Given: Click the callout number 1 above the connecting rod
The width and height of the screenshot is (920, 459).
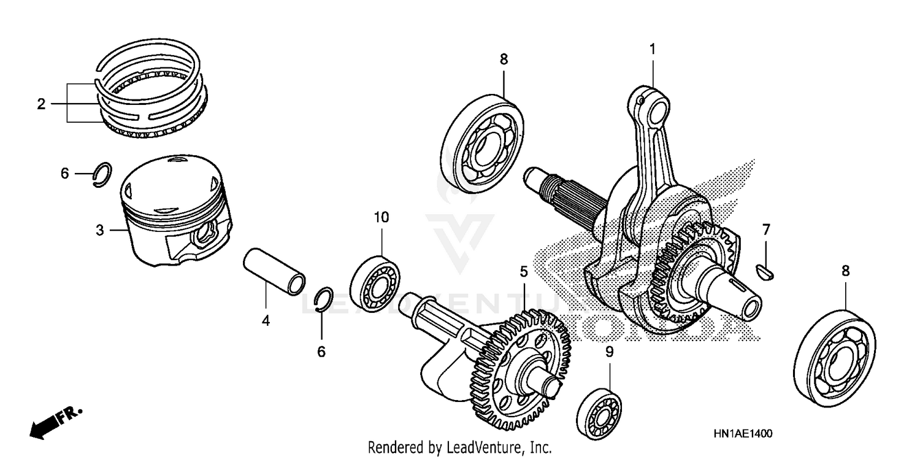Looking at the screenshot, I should [x=653, y=48].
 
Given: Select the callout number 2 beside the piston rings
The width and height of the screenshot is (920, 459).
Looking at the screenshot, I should [x=41, y=104].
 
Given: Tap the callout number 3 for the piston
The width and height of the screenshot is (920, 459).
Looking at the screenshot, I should [x=100, y=231].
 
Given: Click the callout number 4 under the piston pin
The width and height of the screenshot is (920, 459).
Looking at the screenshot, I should [x=266, y=320].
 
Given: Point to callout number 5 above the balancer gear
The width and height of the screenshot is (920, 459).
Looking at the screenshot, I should [x=523, y=271].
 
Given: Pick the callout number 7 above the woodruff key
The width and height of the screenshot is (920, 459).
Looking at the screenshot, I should [x=766, y=230].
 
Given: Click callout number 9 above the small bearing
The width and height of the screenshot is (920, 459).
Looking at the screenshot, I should [x=609, y=352].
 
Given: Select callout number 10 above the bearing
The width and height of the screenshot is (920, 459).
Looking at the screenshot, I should [x=381, y=217].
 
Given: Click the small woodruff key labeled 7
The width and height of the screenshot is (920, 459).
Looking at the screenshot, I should [x=767, y=268].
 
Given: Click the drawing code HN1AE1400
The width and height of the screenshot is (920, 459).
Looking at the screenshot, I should [x=743, y=433].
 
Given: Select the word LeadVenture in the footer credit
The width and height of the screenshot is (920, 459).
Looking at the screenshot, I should [x=491, y=447].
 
